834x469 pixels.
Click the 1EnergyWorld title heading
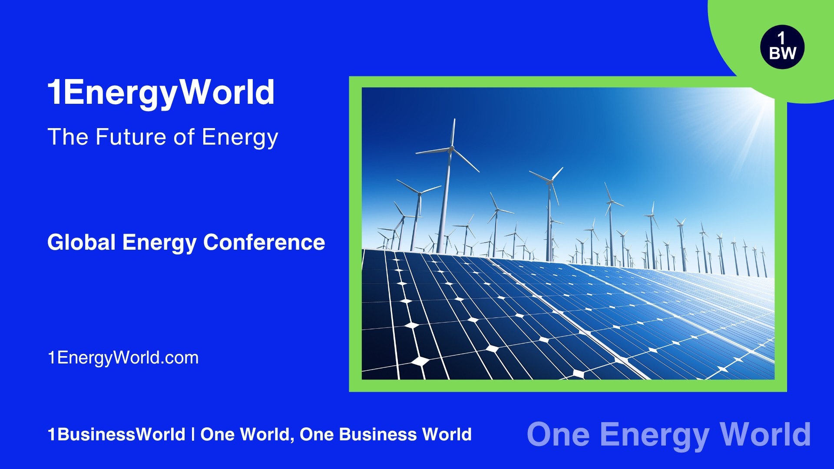161,92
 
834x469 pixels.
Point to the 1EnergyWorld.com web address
123,358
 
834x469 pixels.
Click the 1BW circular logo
782,47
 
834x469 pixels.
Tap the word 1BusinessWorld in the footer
116,434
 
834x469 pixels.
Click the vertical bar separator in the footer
193,434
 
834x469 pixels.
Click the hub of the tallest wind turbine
451,149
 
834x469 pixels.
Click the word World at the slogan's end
765,434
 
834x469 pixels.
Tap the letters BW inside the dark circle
782,53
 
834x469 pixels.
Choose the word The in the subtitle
68,137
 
